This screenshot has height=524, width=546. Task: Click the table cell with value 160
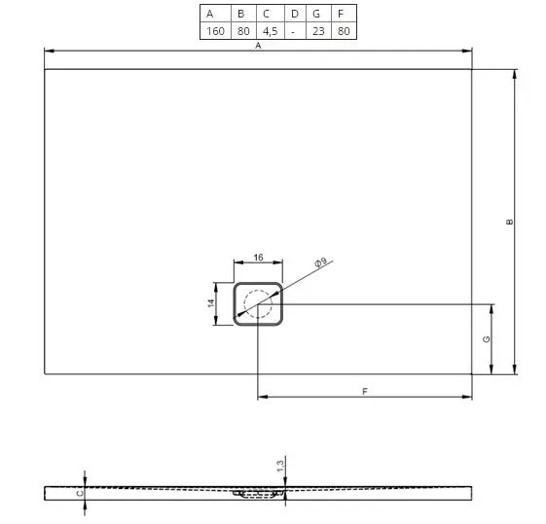[x=215, y=31]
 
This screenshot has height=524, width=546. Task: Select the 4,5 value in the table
[x=271, y=31]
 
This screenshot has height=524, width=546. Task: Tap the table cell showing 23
[x=318, y=31]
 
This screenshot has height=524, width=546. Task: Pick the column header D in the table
[x=295, y=14]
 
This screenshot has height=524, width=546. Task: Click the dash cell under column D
[x=293, y=32]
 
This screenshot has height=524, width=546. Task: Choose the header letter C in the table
[x=266, y=14]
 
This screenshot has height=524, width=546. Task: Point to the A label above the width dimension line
[x=258, y=46]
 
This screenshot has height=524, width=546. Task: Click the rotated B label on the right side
[x=509, y=222]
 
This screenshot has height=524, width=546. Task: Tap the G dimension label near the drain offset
[x=487, y=338]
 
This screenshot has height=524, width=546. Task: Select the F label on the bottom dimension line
[x=365, y=392]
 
